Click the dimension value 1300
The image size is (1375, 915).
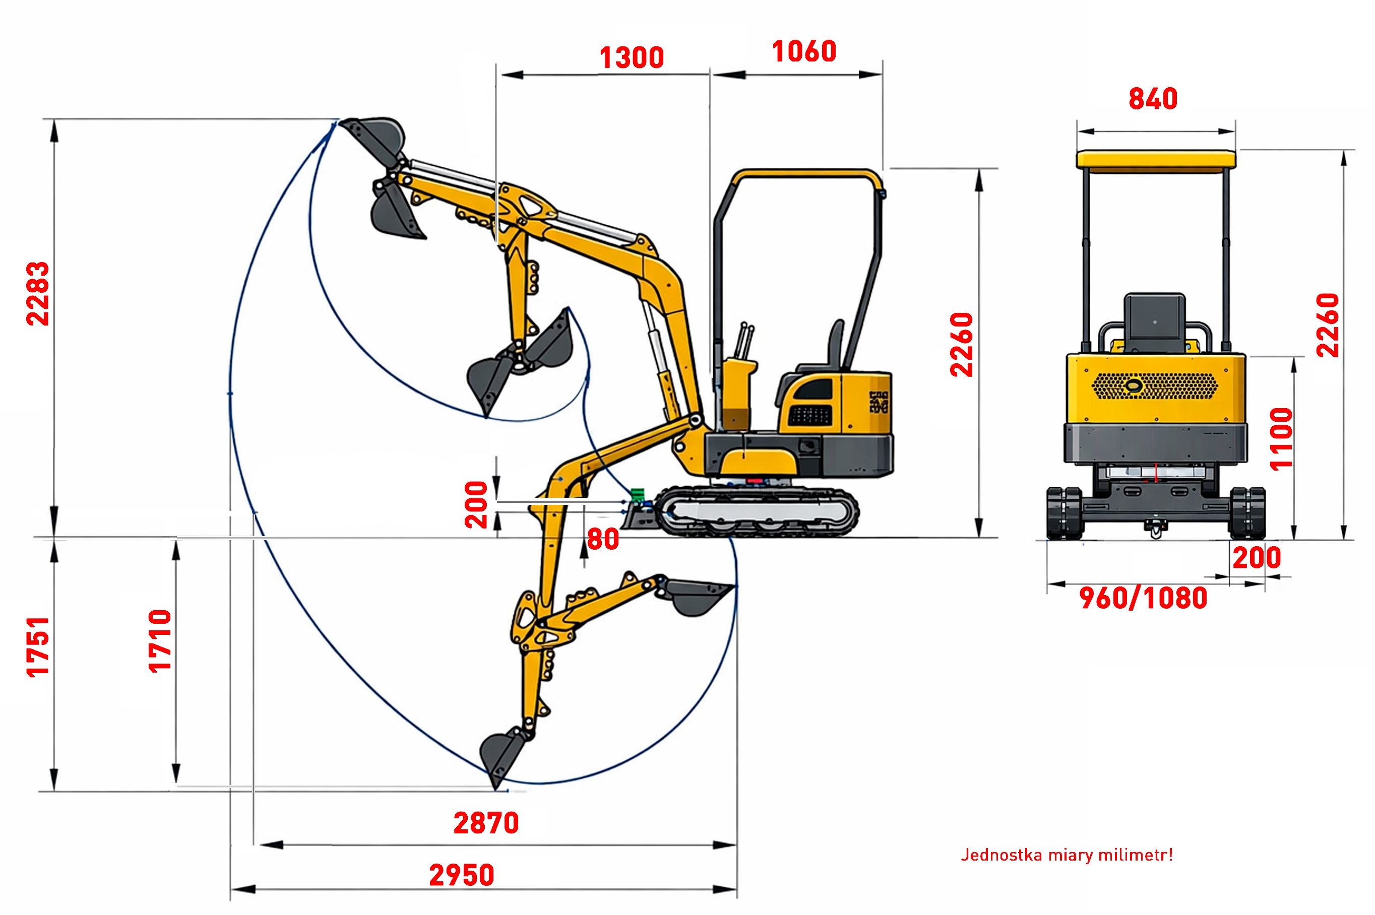coord(632,58)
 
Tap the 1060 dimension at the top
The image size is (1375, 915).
coord(804,51)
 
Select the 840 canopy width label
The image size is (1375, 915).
coord(1153,99)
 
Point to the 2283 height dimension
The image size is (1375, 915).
coord(38,294)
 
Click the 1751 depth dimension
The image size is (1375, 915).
coord(38,647)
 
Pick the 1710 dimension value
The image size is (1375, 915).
coord(160,641)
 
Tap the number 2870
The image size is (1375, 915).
coord(486,823)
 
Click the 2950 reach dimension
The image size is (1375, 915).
coord(462,875)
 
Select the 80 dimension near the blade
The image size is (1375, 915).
coord(603,539)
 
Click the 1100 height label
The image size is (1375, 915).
coord(1282,439)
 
